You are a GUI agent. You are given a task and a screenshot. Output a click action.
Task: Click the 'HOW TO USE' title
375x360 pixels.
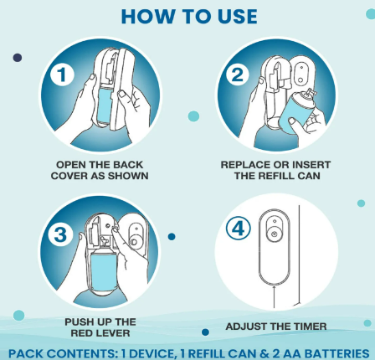(x=189, y=17)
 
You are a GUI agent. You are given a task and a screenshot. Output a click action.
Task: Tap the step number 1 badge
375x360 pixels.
(x=62, y=75)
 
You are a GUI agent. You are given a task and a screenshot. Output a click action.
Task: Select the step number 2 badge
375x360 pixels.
(x=238, y=75)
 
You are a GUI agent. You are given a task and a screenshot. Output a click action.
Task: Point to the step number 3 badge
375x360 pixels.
(x=60, y=234)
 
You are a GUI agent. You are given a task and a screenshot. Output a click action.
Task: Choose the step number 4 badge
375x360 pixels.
(x=238, y=229)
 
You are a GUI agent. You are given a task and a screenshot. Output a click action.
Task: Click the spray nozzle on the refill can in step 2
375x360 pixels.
(x=311, y=94)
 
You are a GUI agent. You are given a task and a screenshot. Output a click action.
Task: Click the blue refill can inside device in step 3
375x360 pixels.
(x=104, y=272)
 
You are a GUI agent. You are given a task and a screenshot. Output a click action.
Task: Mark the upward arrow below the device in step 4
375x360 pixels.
(x=275, y=296)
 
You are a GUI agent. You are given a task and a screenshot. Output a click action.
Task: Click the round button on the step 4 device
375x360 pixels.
(x=274, y=234)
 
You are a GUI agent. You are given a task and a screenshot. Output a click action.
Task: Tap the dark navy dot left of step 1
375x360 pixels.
(x=18, y=58)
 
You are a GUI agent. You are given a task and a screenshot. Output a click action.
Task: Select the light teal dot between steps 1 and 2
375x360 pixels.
(x=193, y=116)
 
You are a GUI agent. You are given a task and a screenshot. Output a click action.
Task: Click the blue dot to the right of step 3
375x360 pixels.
(x=172, y=237)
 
